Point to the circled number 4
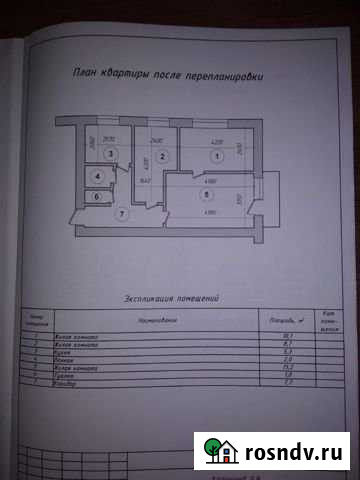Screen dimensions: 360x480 [x=98, y=177]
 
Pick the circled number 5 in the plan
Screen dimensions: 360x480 [x=206, y=196]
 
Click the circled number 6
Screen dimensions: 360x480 [x=97, y=196]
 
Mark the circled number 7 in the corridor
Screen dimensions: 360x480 [x=121, y=213]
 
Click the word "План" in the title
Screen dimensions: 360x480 [x=85, y=74]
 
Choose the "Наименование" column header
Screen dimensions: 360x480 [x=154, y=322]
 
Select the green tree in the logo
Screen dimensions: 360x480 [x=213, y=446]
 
